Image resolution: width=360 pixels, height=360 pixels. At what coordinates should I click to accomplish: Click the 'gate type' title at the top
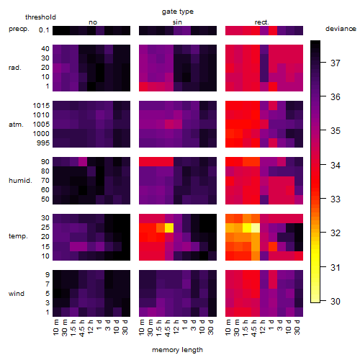pos(178,12)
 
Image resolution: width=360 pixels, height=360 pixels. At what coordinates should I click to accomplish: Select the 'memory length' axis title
pos(177,350)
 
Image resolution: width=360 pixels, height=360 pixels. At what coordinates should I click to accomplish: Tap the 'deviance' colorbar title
pos(341,29)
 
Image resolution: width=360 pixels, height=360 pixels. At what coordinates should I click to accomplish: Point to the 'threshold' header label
pos(40,17)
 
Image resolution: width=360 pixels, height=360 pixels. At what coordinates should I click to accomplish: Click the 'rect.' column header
pos(262,22)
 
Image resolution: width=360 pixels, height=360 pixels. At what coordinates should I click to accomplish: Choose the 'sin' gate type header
pos(177,22)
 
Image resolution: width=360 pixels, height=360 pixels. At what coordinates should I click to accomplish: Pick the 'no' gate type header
pos(93,22)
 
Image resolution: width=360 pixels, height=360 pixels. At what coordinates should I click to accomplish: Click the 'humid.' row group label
pos(20,181)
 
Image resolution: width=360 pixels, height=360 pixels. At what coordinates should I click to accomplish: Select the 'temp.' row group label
pos(18,236)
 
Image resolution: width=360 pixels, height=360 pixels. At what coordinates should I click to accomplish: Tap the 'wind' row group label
pos(17,294)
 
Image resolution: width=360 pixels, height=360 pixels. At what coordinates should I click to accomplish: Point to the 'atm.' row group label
pos(16,125)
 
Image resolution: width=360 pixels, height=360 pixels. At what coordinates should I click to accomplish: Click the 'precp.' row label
pos(19,29)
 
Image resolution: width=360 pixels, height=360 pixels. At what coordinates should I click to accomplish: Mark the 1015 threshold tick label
pos(41,106)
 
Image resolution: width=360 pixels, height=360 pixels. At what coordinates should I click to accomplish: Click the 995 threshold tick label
pos(43,143)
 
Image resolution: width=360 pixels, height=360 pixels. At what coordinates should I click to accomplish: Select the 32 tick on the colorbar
pos(336,233)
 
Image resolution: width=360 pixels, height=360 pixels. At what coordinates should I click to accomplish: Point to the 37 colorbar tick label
pos(336,63)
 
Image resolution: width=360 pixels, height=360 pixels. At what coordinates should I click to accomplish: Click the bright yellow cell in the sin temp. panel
pos(169,228)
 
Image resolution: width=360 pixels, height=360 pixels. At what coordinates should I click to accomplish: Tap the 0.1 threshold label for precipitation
pos(44,30)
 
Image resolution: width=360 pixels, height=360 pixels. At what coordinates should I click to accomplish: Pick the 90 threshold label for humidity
pos(45,162)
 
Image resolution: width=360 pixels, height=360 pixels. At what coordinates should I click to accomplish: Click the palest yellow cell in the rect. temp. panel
pos(256,228)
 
